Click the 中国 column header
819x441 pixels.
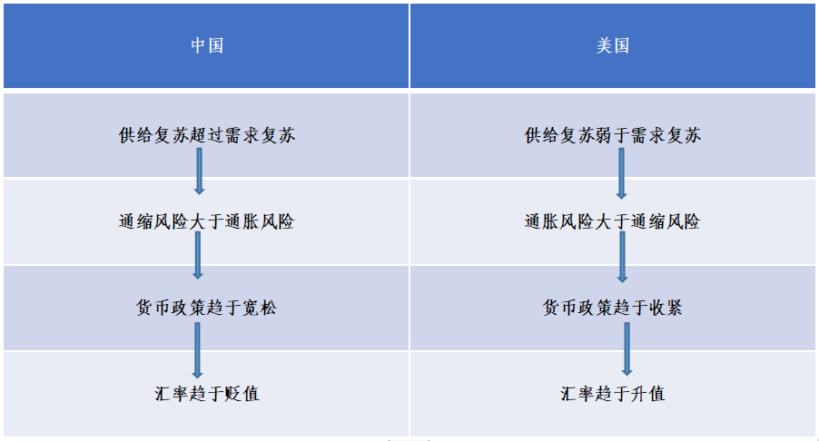pos(207,46)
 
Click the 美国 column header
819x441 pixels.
pos(613,46)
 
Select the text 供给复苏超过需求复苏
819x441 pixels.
pos(207,135)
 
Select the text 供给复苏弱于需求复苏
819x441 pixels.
pos(613,135)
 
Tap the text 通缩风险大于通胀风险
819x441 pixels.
pos(207,221)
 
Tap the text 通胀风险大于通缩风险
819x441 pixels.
pos(613,221)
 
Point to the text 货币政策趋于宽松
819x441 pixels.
pos(207,308)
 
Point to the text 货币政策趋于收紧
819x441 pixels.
pos(613,308)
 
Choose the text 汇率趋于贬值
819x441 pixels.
pos(207,394)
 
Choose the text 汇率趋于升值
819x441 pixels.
pos(613,394)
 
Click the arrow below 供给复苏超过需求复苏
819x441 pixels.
pos(199,171)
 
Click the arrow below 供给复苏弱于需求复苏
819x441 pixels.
pos(621,173)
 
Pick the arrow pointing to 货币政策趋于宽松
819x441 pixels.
pos(197,255)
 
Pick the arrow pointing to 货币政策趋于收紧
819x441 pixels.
pos(622,258)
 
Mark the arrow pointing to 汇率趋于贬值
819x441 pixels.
pos(197,350)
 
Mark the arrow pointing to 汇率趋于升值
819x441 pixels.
pos(627,349)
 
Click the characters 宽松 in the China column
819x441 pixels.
pos(260,308)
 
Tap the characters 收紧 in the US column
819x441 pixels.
pos(666,308)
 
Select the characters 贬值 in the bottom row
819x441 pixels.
pos(242,394)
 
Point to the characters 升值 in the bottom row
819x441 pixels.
pos(648,394)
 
